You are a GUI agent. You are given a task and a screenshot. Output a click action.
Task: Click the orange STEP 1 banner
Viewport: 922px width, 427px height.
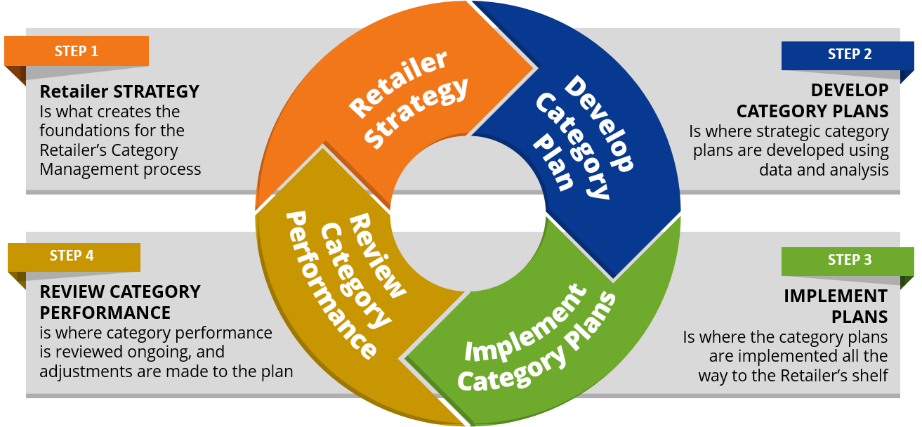[77, 51]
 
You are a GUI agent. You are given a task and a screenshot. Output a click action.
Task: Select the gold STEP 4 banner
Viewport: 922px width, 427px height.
[72, 256]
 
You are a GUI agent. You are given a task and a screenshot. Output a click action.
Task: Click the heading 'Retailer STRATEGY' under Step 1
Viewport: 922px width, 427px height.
[119, 92]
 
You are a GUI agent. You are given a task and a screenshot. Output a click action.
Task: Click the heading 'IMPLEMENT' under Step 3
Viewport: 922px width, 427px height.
[836, 296]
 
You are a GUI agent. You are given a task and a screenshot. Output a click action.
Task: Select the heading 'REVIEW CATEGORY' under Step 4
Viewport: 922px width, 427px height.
[120, 291]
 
